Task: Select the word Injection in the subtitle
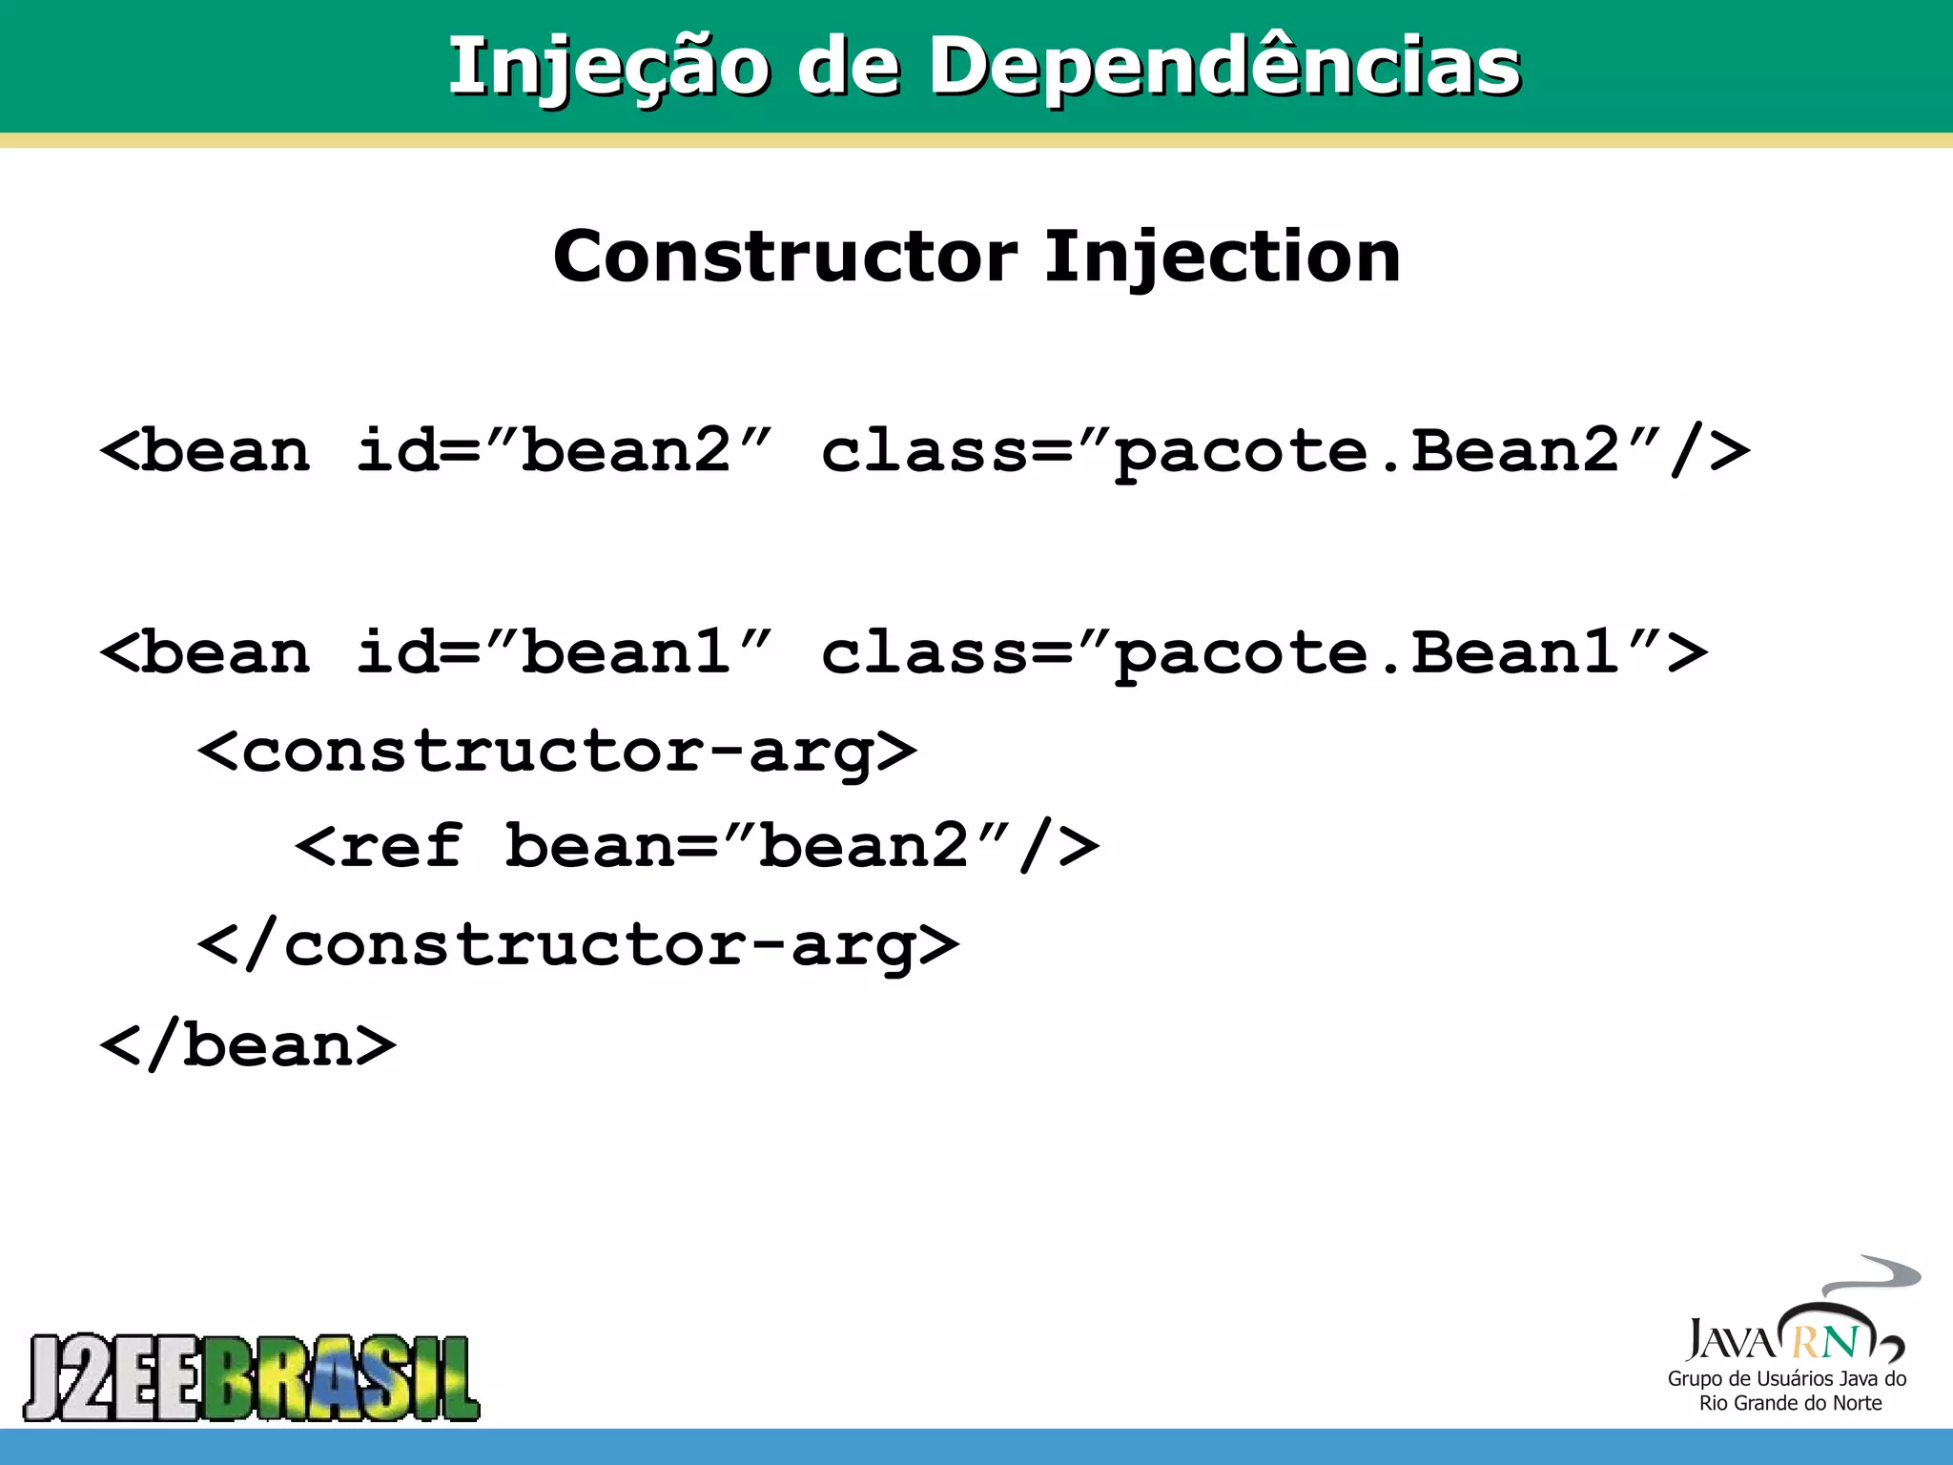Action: click(x=1222, y=257)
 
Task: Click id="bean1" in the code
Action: click(x=563, y=652)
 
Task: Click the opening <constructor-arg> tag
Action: click(x=557, y=752)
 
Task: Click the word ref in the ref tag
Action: click(x=401, y=846)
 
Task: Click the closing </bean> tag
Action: click(x=248, y=1045)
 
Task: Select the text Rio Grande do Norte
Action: click(x=1790, y=1403)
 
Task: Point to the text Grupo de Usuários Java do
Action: click(x=1786, y=1379)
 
